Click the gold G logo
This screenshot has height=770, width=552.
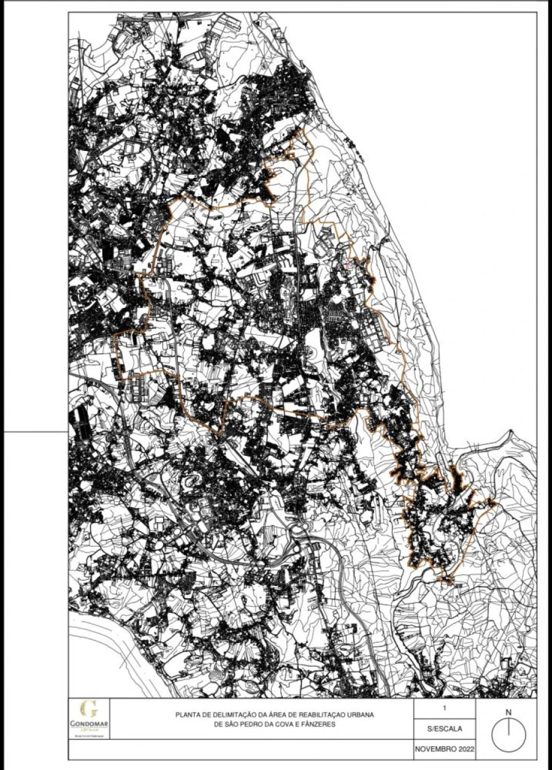click(88, 710)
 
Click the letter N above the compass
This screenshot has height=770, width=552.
click(508, 712)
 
